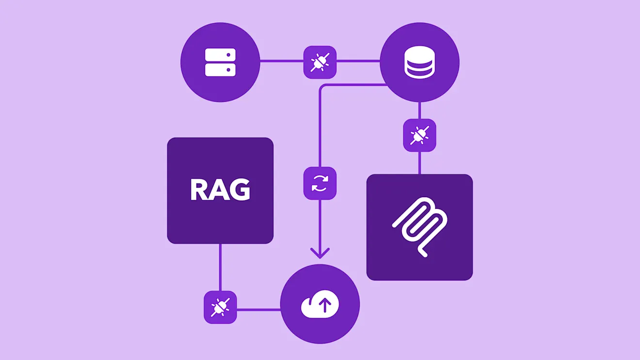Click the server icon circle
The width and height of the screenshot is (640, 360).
(220, 62)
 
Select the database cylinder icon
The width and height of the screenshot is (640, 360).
(419, 62)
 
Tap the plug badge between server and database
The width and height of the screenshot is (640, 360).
(320, 62)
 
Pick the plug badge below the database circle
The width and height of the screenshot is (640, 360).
(419, 135)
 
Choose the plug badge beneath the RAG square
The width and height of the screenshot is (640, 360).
(220, 307)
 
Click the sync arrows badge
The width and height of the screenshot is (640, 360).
(320, 183)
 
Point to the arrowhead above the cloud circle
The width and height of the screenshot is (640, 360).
(320, 253)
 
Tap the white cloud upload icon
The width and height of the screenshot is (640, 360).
(320, 305)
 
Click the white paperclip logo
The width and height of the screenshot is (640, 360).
(419, 227)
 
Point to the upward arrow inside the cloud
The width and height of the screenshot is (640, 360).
(325, 305)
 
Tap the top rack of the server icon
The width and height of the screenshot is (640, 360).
(220, 54)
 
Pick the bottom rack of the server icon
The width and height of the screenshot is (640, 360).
(220, 70)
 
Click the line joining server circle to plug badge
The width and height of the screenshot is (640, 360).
(282, 61)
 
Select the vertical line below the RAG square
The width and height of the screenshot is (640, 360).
(220, 266)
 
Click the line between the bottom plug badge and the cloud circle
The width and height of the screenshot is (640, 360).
(258, 309)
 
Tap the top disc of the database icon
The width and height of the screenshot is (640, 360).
(419, 52)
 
